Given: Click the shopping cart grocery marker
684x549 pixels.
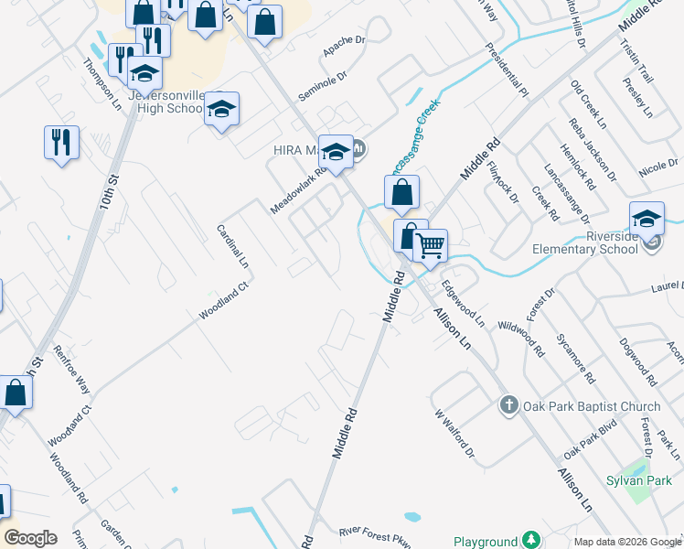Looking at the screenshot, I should pos(431,245).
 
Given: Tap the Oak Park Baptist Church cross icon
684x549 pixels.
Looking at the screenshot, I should pos(509,404).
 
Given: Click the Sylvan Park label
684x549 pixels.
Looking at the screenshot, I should pos(633,479).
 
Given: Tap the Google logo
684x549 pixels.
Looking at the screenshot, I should pos(29,538).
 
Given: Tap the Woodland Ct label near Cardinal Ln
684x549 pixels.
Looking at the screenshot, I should pos(224,302).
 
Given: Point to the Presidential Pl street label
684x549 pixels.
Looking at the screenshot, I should pos(507,70).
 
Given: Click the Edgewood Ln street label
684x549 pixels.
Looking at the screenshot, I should pos(463,304).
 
